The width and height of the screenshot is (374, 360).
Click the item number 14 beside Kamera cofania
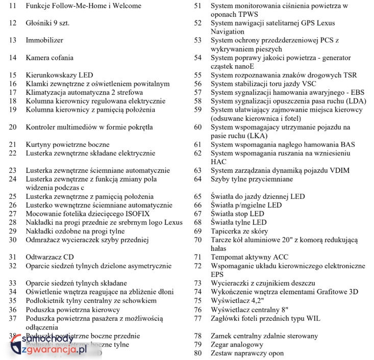tap(13, 58)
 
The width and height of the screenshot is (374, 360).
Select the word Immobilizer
tap(44, 40)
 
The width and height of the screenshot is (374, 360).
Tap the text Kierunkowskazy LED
tap(59, 75)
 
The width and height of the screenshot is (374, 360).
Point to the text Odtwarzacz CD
tap(49, 257)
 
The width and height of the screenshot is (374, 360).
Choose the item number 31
tap(13, 257)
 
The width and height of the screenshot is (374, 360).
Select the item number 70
tap(198, 240)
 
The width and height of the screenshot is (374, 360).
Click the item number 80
tap(198, 353)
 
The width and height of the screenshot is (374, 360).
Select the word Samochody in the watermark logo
tap(48, 339)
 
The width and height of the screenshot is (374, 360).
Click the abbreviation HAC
tap(219, 162)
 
